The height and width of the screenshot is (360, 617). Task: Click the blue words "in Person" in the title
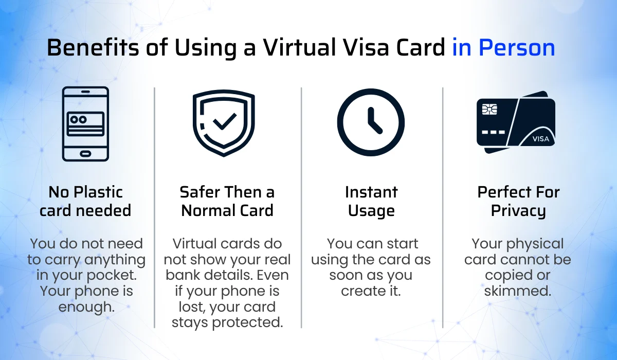(x=503, y=48)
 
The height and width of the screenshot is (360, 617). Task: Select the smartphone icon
(x=85, y=124)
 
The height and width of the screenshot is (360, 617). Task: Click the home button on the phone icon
(x=85, y=153)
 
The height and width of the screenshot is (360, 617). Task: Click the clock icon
(x=371, y=122)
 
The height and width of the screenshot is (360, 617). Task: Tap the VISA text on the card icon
(x=540, y=139)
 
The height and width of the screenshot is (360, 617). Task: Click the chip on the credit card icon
(x=489, y=109)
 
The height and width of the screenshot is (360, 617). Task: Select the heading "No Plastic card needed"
(x=85, y=201)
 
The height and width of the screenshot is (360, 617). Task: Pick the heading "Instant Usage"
(x=371, y=201)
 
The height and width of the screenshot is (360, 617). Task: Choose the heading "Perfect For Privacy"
(x=518, y=201)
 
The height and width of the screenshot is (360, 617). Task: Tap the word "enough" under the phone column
(x=85, y=307)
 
